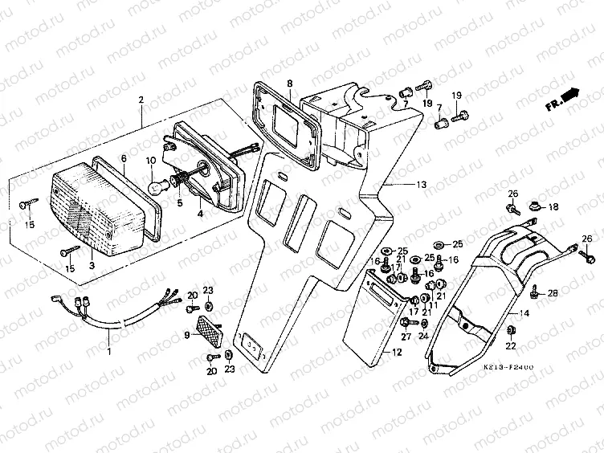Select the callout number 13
421,185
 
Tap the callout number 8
289,84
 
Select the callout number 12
397,353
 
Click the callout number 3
92,264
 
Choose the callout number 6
124,158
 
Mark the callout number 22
510,346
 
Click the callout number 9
186,335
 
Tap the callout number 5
180,203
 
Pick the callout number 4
201,214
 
